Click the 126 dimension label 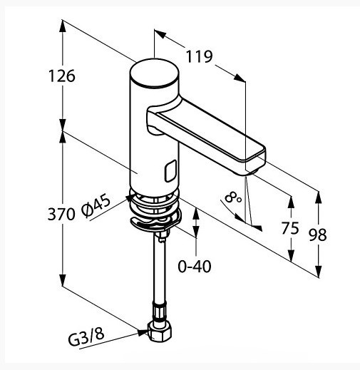tap(62, 76)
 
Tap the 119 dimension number tap(199, 56)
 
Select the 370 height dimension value tap(61, 214)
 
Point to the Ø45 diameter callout tap(96, 205)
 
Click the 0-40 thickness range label tap(195, 266)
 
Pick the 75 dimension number tap(290, 228)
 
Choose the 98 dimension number tap(318, 235)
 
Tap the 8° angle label tap(233, 198)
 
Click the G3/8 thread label tap(86, 336)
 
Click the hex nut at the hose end tap(159, 331)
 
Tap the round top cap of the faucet tap(155, 73)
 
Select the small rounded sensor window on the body tap(170, 171)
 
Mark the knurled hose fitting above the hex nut tap(159, 311)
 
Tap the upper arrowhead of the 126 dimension tap(63, 26)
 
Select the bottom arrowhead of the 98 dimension tap(318, 271)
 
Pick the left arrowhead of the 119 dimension tap(160, 34)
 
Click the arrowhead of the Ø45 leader tap(130, 197)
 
